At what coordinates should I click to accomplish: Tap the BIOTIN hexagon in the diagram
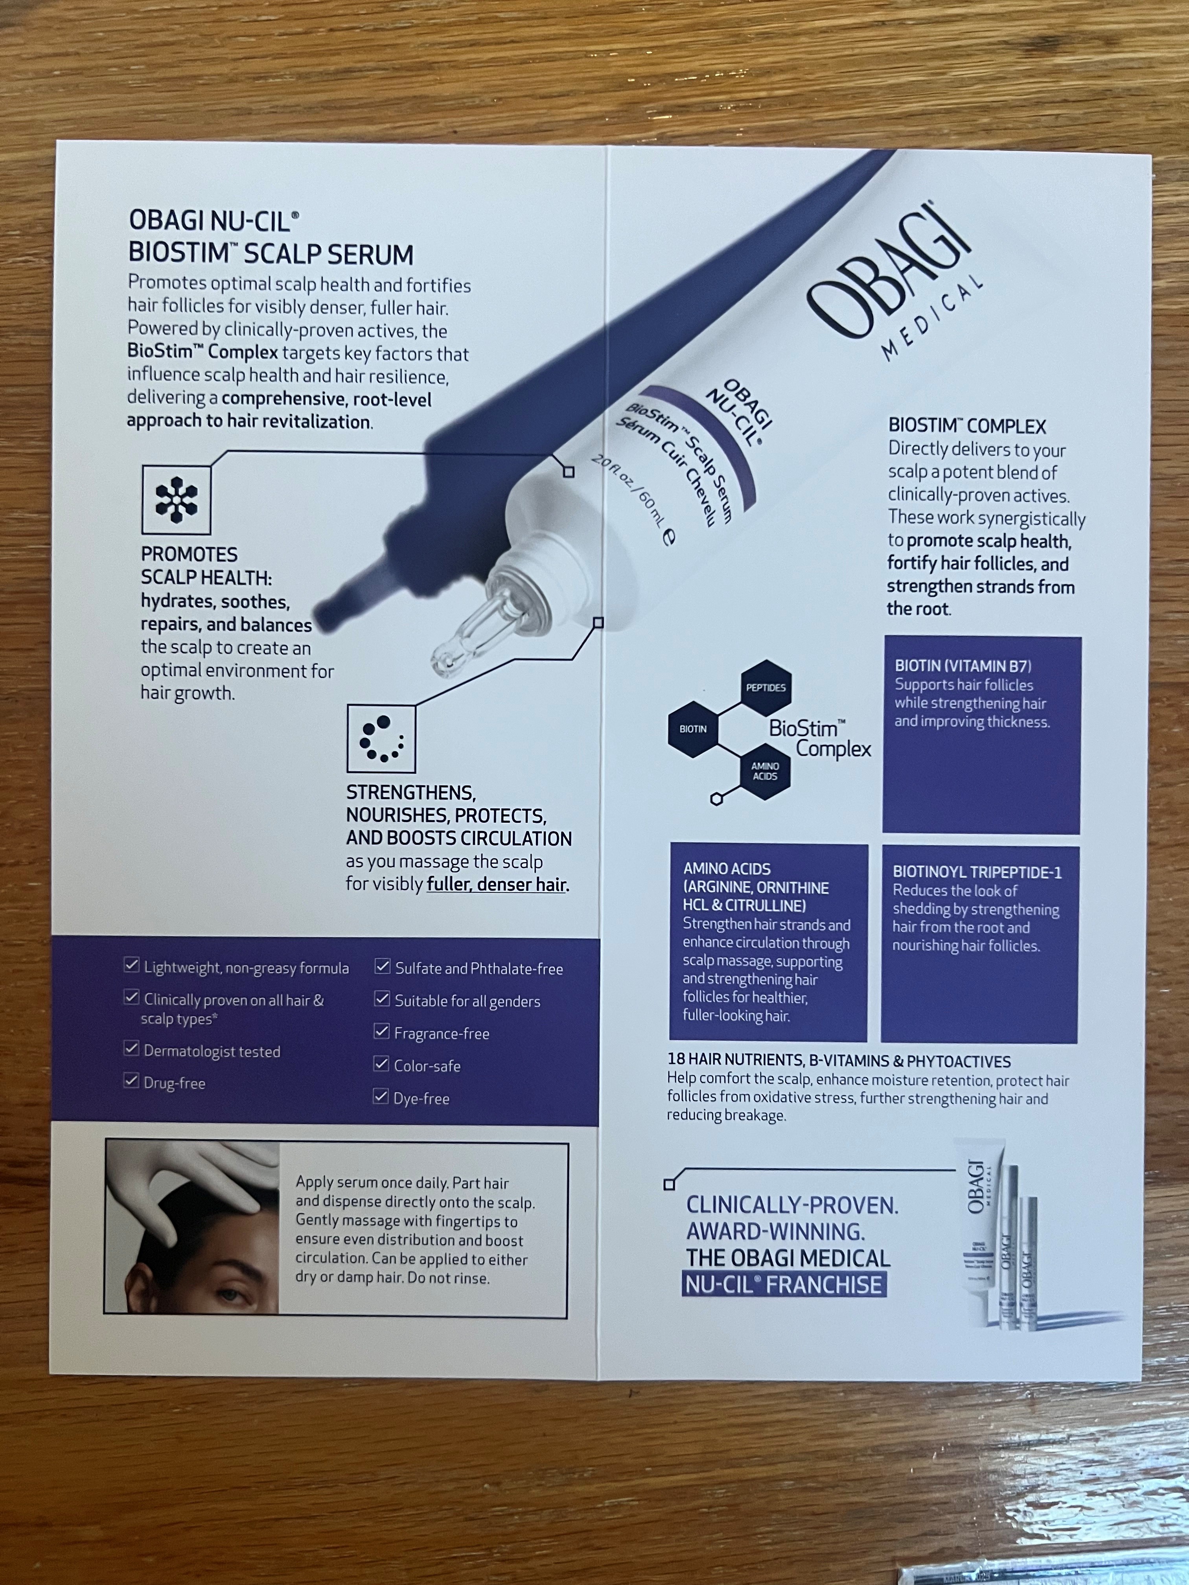[693, 729]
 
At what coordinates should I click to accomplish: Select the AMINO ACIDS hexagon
[765, 771]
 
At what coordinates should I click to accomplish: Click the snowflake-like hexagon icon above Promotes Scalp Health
[176, 499]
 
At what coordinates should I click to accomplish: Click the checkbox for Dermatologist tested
[131, 1048]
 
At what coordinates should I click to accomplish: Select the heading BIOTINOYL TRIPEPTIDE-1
[977, 872]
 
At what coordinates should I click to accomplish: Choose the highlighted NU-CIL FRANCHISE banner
[784, 1284]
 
